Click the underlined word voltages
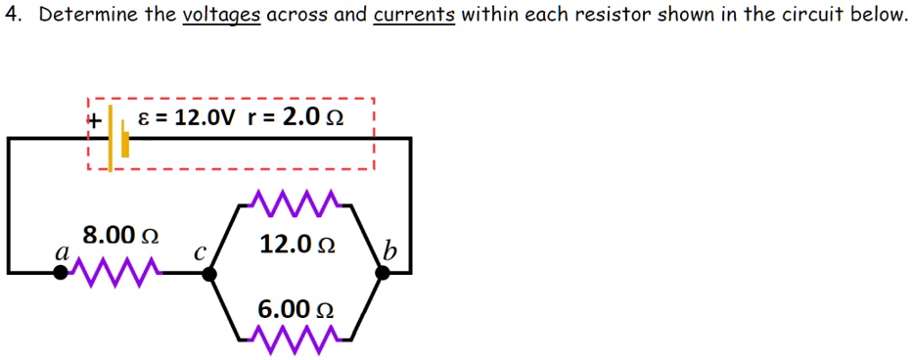coord(221,17)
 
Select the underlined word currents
coord(414,17)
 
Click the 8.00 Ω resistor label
coord(120,236)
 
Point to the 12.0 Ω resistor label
coord(297,245)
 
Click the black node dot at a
coord(61,273)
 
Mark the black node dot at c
coord(208,273)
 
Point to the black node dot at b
coord(383,273)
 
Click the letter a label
coord(61,252)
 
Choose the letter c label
coord(199,252)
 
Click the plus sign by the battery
coord(94,120)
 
